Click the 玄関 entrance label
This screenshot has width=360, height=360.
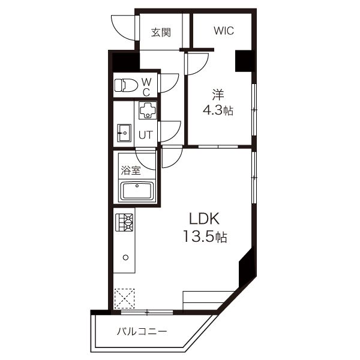click(x=161, y=32)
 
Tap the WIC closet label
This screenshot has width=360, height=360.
click(x=224, y=31)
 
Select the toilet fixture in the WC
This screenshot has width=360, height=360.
click(x=126, y=85)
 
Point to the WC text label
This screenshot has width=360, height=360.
click(x=146, y=87)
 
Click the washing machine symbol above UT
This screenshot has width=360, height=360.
click(x=148, y=110)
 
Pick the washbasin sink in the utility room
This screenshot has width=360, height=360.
click(x=124, y=133)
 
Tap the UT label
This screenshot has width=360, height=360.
click(x=146, y=135)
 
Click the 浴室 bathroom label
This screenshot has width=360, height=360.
click(x=131, y=170)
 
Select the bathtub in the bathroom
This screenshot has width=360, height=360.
click(x=137, y=191)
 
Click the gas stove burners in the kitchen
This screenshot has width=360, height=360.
click(x=124, y=222)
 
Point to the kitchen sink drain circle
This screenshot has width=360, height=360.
click(x=125, y=257)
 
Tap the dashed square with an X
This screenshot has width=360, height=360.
click(x=124, y=298)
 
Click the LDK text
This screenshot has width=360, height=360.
click(x=205, y=218)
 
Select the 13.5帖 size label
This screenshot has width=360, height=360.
click(x=205, y=236)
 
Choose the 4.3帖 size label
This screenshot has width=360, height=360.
click(x=218, y=110)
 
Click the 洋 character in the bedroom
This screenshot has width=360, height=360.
click(x=218, y=95)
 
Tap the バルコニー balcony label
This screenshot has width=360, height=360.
click(x=142, y=332)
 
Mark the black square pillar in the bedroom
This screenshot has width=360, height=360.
click(x=245, y=61)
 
